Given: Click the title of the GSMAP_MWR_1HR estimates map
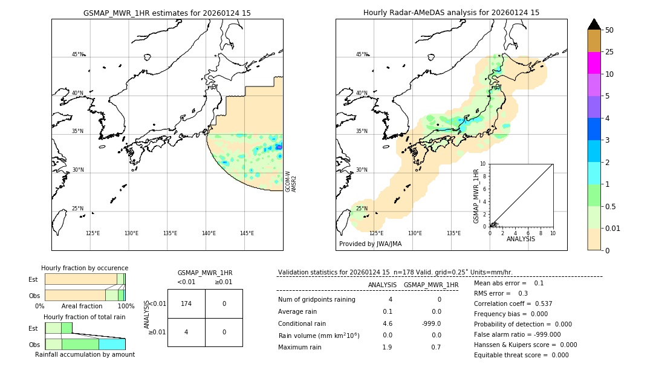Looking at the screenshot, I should tap(167, 13).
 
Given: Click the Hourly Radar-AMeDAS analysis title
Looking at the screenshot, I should tap(451, 13).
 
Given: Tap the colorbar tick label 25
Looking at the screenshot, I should tap(609, 52).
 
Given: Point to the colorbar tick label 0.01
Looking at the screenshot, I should tap(612, 228).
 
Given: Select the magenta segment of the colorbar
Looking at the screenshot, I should tap(594, 63).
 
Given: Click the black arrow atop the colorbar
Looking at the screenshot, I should tap(594, 24).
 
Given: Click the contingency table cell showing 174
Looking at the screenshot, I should tap(186, 303).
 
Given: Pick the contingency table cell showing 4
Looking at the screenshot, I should tap(186, 332).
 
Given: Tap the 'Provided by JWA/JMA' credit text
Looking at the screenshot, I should tap(370, 244).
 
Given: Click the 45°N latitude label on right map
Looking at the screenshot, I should tap(362, 54).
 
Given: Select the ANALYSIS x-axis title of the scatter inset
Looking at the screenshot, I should tap(521, 239).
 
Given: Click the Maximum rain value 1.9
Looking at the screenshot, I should tap(387, 347).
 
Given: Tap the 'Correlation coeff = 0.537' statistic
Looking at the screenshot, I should tap(513, 303).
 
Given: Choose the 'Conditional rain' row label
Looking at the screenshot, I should tap(302, 323).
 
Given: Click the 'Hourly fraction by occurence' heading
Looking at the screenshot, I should tap(85, 268).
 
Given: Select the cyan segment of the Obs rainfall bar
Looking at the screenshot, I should tap(112, 344).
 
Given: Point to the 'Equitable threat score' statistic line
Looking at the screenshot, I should tap(521, 355).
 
